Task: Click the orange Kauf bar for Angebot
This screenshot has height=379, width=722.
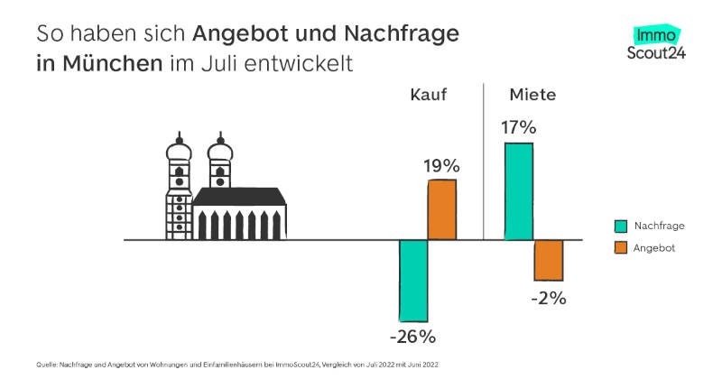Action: click(x=442, y=209)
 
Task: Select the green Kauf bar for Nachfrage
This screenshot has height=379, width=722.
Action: click(x=413, y=281)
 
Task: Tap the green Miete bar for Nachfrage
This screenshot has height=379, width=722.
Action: click(x=519, y=190)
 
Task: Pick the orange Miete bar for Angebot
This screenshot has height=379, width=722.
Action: click(x=549, y=260)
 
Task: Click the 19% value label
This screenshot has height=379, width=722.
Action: click(x=442, y=166)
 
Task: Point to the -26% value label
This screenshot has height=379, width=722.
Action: click(x=413, y=337)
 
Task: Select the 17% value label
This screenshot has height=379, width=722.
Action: click(x=519, y=127)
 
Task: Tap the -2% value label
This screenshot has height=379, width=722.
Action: click(x=549, y=298)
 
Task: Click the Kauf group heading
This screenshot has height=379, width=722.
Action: click(x=429, y=95)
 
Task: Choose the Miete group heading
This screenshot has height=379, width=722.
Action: click(x=532, y=95)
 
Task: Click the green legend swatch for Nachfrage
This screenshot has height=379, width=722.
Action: click(x=621, y=226)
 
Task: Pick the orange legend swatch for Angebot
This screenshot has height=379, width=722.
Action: click(x=621, y=247)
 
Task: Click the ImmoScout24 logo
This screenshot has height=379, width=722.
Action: click(x=656, y=43)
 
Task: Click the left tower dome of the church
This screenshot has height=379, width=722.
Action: click(x=178, y=151)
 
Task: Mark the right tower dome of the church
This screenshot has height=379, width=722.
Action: click(x=219, y=151)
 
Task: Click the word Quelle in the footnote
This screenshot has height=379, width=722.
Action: click(x=47, y=364)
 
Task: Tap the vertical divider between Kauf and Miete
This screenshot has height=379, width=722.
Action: click(x=484, y=162)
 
